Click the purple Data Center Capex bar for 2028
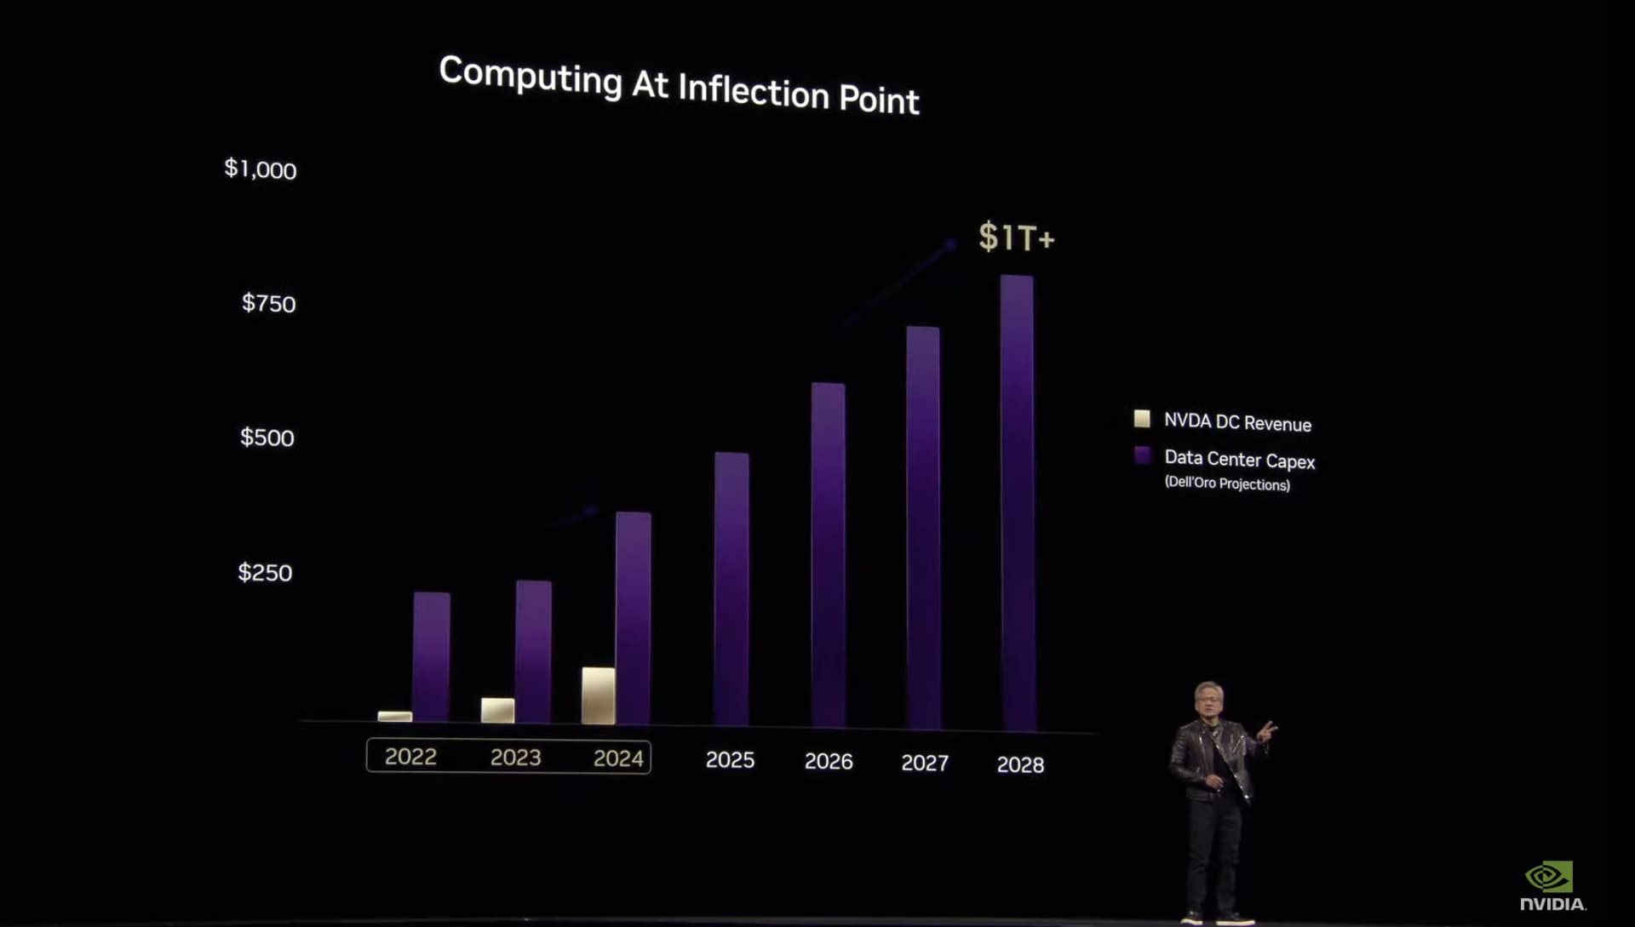(1018, 502)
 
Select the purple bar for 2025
(731, 587)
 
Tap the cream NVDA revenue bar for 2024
(599, 695)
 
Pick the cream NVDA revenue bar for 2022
(394, 717)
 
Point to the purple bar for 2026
(828, 553)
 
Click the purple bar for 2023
(533, 651)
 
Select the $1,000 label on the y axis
(261, 169)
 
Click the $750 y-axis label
(268, 304)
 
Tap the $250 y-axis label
(265, 573)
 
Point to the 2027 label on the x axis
(925, 763)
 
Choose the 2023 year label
(515, 758)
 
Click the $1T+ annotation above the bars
(1016, 237)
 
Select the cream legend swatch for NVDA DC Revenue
(1142, 419)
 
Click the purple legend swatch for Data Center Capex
(1142, 455)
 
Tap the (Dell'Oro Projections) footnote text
(1227, 484)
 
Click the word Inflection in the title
(753, 90)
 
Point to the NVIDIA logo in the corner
(1552, 885)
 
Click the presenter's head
(1210, 700)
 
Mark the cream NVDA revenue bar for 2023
(497, 710)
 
